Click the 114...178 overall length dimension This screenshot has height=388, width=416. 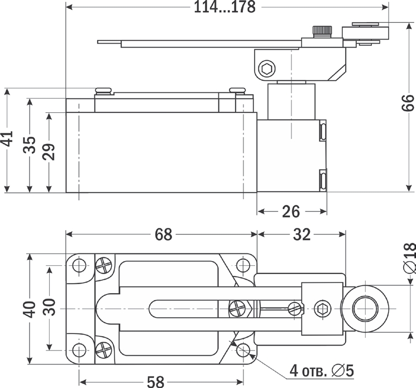coord(227,7)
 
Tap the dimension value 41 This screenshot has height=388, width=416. coord(7,139)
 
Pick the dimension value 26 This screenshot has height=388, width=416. coord(291,211)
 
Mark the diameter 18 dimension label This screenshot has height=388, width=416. coord(408,258)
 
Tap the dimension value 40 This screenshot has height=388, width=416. coord(30,308)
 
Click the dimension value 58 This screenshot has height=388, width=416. coord(156,381)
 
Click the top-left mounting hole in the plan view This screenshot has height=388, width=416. coord(79,265)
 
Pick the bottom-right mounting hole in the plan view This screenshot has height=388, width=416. coord(243,350)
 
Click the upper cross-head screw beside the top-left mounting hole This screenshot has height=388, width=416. coord(104,265)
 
